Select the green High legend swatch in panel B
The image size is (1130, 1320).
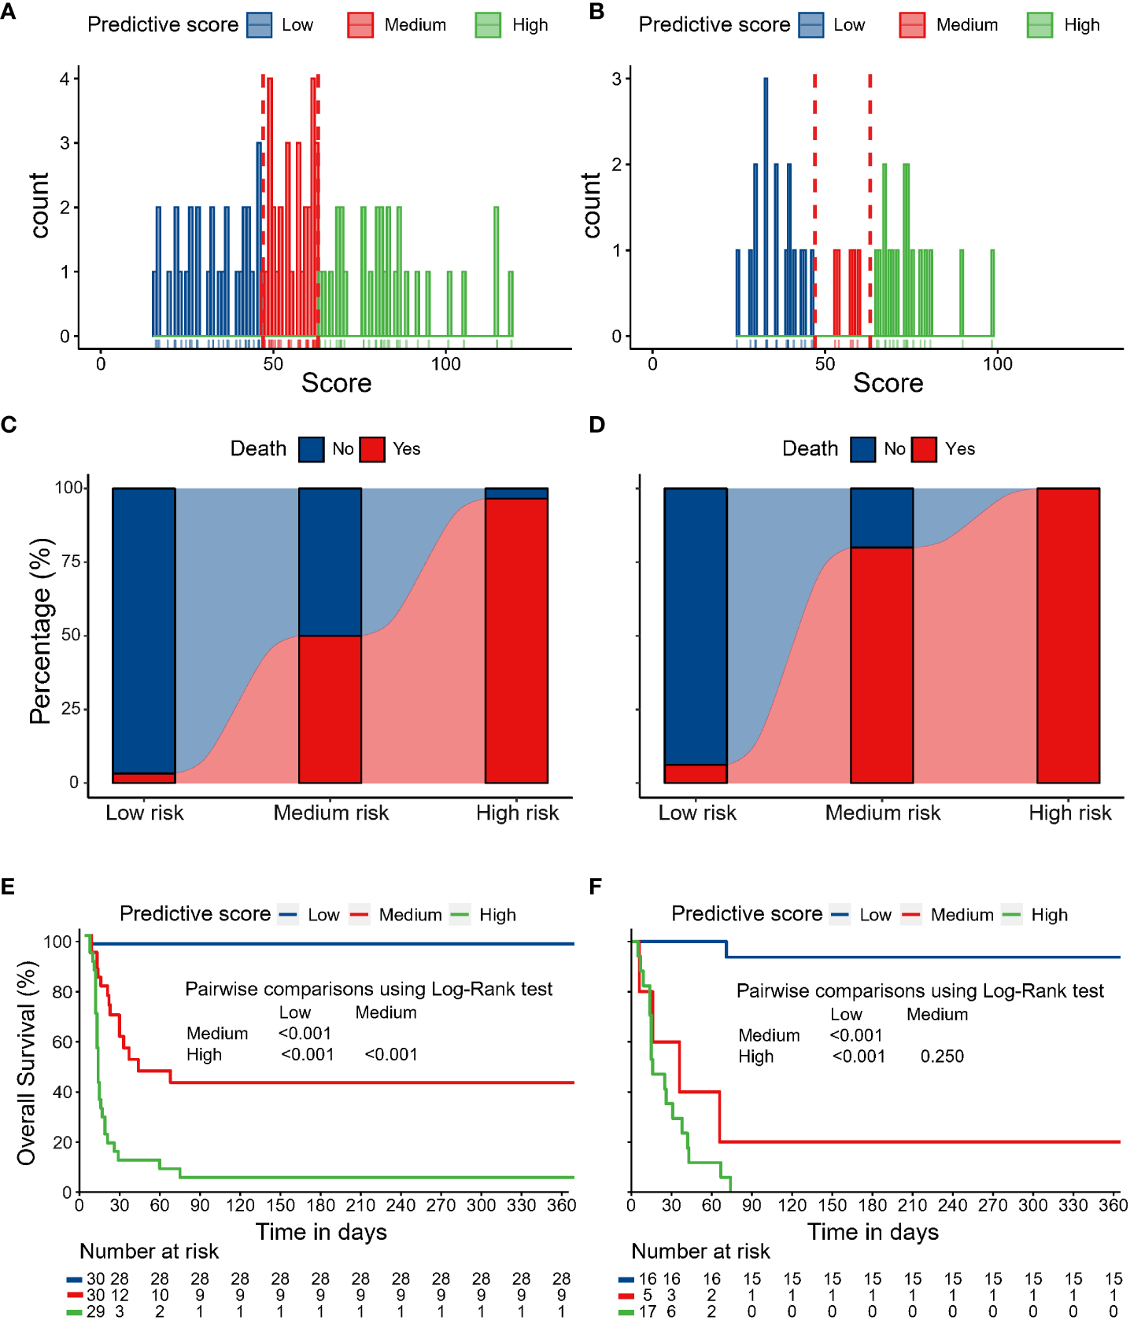click(x=1040, y=25)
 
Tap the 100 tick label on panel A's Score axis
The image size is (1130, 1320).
click(x=445, y=363)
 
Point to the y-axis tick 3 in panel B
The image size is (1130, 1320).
click(x=617, y=79)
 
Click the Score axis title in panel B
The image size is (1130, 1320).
click(x=888, y=383)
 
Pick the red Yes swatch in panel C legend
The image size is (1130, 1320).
click(x=372, y=449)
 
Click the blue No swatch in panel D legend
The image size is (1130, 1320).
click(x=862, y=449)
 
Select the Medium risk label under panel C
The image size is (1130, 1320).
click(x=331, y=813)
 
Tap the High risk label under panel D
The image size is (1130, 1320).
click(x=1069, y=813)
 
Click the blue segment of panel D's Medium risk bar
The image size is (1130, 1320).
click(x=881, y=518)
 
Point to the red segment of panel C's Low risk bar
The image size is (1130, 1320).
click(x=144, y=778)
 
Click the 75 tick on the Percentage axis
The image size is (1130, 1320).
click(x=72, y=562)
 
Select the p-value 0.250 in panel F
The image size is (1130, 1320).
click(x=942, y=1056)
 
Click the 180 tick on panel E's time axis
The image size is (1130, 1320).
click(x=320, y=1205)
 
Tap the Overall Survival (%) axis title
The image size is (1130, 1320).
click(x=27, y=1062)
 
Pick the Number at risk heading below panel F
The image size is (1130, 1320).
click(x=700, y=1252)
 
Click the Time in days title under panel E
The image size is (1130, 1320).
click(x=321, y=1232)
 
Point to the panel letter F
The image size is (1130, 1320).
click(x=596, y=887)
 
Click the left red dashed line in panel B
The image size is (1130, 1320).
click(x=814, y=205)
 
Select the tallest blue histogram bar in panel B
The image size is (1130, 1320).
click(x=766, y=205)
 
